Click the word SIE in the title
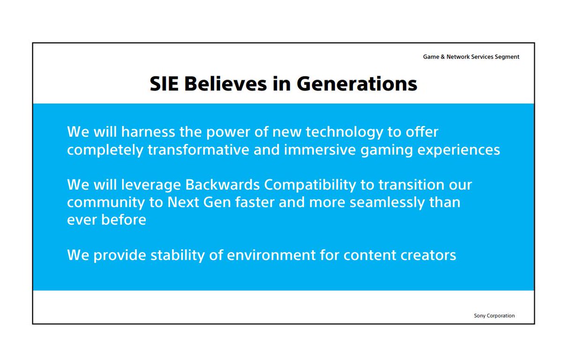tap(164, 84)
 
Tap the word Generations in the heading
tap(357, 84)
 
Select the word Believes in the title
tap(226, 84)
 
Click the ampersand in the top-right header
tap(443, 57)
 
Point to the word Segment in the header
tap(507, 57)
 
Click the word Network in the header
tap(458, 57)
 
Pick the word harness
tap(148, 132)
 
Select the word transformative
tap(198, 150)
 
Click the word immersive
tap(320, 150)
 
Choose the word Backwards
tap(222, 185)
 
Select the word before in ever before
tap(124, 220)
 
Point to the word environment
tap(271, 256)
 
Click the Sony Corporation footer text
tap(494, 316)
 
